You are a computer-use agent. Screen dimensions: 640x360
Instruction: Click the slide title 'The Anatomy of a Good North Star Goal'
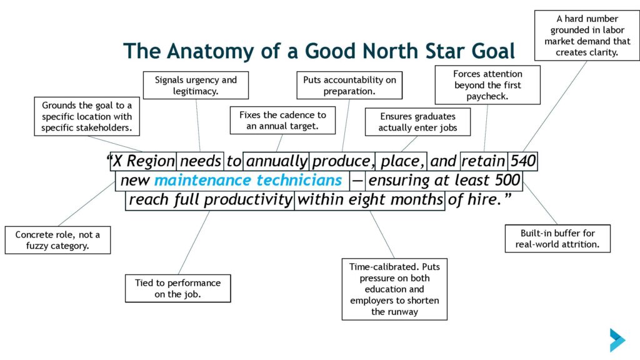[319, 51]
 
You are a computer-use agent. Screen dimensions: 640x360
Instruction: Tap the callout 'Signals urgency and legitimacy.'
[196, 85]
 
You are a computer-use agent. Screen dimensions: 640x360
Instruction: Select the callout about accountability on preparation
[349, 85]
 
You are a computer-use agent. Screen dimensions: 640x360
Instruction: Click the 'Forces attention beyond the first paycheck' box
[487, 85]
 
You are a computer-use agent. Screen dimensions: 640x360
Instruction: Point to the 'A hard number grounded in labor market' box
[587, 36]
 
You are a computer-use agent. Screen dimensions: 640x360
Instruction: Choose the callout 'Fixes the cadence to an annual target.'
[283, 121]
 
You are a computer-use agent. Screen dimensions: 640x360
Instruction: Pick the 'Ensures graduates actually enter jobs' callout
[418, 122]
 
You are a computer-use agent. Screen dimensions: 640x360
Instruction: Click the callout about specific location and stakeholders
[87, 116]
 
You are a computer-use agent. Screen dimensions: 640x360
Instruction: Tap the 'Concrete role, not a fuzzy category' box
[57, 240]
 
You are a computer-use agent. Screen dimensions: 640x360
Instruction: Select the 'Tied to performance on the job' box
[178, 288]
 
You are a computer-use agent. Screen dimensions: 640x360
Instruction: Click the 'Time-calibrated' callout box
[395, 289]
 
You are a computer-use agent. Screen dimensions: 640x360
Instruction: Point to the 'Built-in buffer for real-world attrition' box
[557, 238]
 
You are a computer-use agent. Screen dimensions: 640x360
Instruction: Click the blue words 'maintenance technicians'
[248, 180]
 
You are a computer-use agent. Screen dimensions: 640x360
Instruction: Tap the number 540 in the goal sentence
[523, 161]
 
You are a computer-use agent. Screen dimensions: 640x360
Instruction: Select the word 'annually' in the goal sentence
[277, 161]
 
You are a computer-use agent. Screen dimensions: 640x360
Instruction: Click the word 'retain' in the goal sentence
[483, 161]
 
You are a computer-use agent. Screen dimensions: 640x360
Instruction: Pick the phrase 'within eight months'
[370, 199]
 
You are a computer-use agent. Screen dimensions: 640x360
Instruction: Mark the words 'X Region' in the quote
[144, 161]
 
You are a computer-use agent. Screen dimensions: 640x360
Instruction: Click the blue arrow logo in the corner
[617, 339]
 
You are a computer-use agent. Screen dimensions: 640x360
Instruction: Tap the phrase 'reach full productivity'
[210, 199]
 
